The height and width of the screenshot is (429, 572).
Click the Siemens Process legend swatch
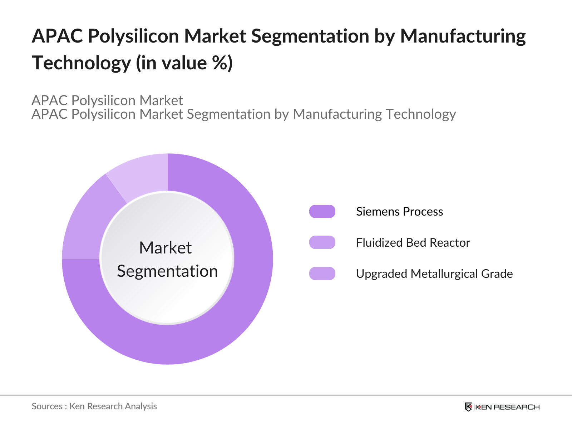click(322, 211)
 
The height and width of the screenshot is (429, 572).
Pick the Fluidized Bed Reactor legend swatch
click(322, 242)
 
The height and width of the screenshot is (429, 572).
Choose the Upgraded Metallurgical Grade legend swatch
click(322, 273)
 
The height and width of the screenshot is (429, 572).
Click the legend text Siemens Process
click(399, 212)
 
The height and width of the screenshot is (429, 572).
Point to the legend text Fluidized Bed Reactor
click(413, 243)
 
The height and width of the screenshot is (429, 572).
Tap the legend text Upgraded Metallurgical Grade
click(434, 274)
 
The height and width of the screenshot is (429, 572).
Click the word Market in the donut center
click(166, 248)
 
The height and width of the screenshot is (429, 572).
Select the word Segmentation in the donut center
click(167, 271)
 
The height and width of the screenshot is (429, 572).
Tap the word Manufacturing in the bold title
click(463, 36)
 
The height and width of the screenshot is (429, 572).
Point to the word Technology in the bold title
click(82, 63)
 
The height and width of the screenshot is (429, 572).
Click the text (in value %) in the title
click(184, 63)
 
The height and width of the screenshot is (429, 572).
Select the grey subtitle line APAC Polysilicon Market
click(107, 100)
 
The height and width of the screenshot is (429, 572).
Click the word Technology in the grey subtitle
click(421, 114)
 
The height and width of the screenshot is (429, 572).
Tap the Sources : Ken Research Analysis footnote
click(94, 406)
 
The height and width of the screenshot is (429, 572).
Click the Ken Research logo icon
click(468, 407)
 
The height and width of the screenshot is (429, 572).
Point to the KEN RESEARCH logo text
click(508, 407)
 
